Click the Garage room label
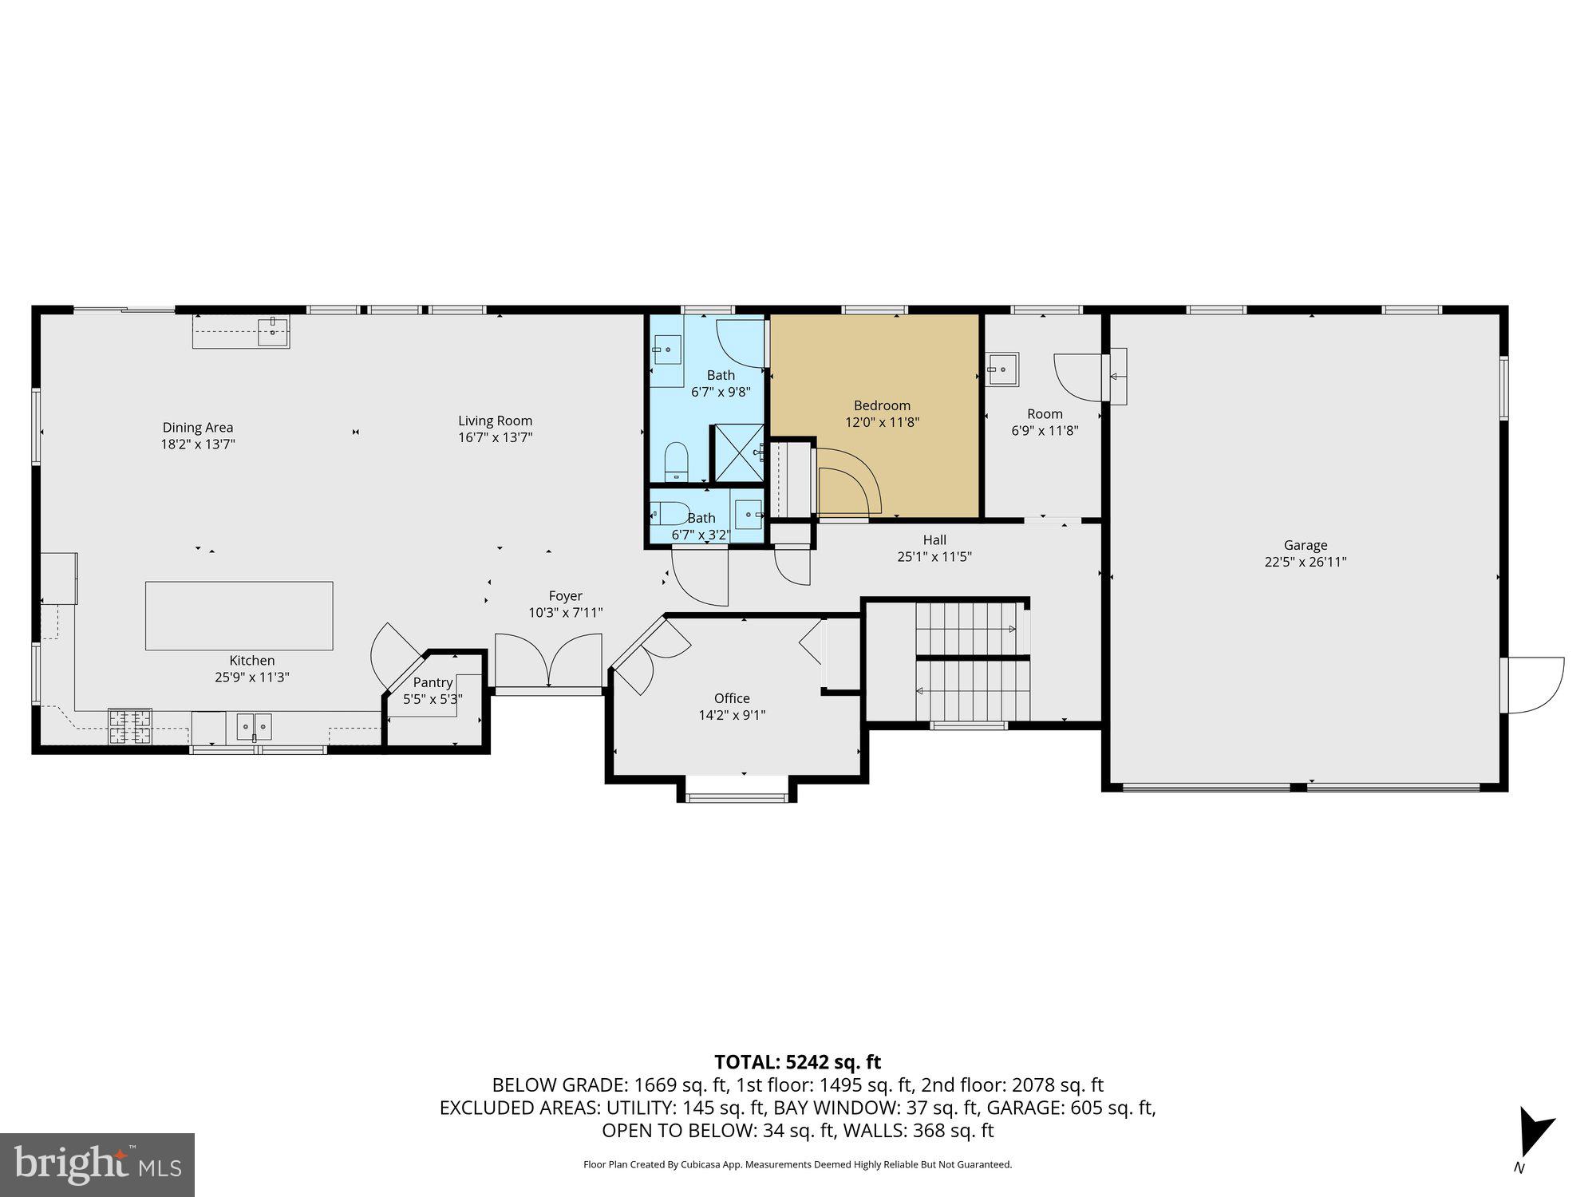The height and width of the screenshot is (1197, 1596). click(x=1306, y=545)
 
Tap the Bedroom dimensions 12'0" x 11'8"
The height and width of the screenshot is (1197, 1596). click(x=882, y=422)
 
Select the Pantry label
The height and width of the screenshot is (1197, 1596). click(x=433, y=682)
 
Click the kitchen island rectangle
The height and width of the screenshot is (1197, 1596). click(x=239, y=615)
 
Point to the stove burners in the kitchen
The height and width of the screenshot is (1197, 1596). click(x=130, y=726)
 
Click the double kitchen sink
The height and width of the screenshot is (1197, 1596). click(x=254, y=727)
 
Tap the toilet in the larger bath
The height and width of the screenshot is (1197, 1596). click(x=676, y=460)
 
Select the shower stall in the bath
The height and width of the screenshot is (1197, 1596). click(x=737, y=453)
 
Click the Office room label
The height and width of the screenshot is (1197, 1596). click(x=732, y=698)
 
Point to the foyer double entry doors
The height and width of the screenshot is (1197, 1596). click(x=548, y=661)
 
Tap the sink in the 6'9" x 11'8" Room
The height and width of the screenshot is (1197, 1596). click(x=1001, y=369)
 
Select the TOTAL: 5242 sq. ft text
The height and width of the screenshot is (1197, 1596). click(x=797, y=1062)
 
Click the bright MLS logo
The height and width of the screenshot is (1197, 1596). click(x=97, y=1164)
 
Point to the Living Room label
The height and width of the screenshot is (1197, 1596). click(x=495, y=421)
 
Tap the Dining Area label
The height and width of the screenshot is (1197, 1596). click(x=198, y=428)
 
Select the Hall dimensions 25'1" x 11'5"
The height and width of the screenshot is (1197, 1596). click(x=934, y=557)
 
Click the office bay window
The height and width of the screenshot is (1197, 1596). click(x=737, y=795)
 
